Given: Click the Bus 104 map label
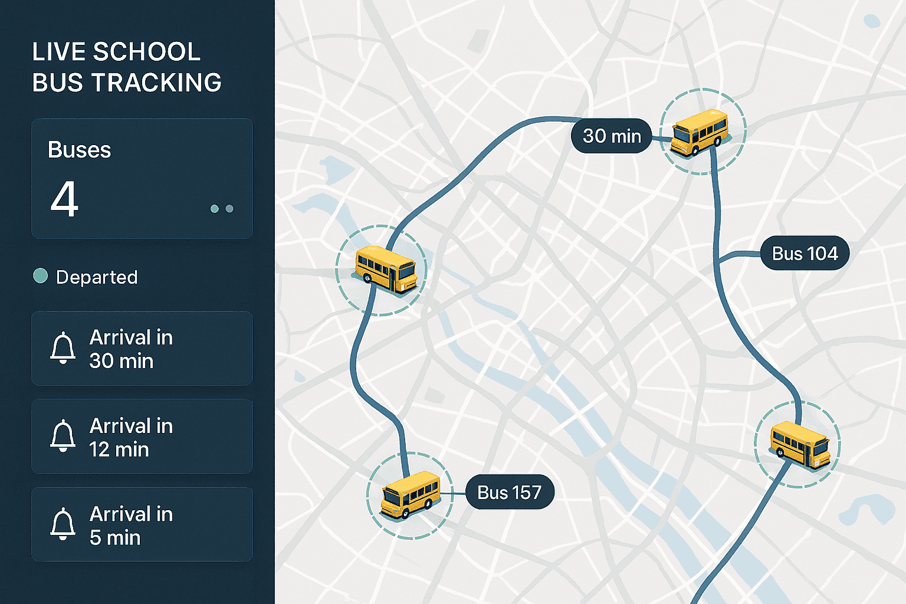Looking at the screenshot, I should coord(805,254).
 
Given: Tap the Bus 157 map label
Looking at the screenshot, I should coord(510,492).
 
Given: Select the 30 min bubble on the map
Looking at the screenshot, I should coord(612,136).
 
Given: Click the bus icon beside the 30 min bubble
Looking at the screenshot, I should coord(700,132).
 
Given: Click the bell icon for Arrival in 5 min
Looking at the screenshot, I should coord(63,524).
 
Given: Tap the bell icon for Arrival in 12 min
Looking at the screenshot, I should coord(63,436).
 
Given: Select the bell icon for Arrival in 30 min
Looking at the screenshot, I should coord(63,348).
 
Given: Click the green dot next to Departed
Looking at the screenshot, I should coord(41,276).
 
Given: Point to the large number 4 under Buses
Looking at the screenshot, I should coord(64,199).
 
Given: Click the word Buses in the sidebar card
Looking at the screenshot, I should coord(79,150).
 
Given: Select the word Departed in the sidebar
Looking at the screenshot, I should coord(97,277).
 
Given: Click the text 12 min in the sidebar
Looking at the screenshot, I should coord(119,449).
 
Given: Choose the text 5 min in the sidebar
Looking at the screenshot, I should coord(115,538).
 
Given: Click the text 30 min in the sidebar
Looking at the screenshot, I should coord(122,361).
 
